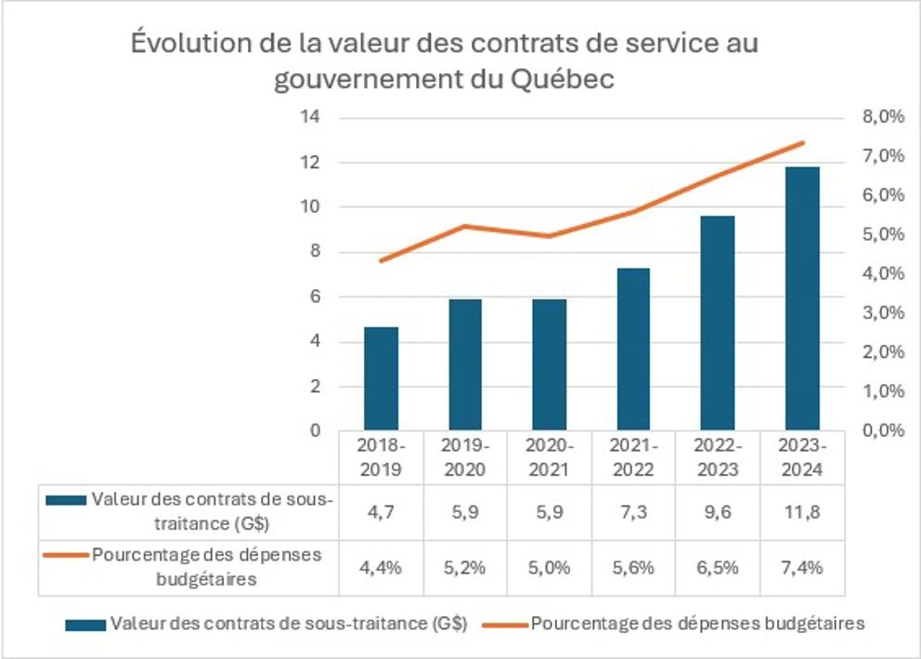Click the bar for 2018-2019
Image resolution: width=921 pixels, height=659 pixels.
[x=381, y=378]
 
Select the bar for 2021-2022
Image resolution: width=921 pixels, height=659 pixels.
[x=633, y=349]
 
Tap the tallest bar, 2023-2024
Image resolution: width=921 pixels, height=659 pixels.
[x=802, y=298]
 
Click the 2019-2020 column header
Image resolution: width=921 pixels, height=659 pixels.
[x=464, y=457]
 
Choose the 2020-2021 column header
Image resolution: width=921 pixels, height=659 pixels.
[x=549, y=457]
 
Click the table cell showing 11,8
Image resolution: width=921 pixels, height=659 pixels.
[x=802, y=511]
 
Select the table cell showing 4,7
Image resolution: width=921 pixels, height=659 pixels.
[x=381, y=511]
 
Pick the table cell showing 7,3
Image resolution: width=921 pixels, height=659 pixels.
[x=633, y=511]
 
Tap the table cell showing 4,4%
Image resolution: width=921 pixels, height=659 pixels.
[x=381, y=566]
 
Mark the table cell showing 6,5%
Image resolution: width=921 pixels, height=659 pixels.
[x=718, y=566]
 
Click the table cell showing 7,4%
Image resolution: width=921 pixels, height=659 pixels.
[x=802, y=566]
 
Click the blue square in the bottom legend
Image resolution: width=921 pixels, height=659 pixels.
[x=84, y=625]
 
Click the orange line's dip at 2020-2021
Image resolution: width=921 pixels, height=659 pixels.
[x=549, y=236]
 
